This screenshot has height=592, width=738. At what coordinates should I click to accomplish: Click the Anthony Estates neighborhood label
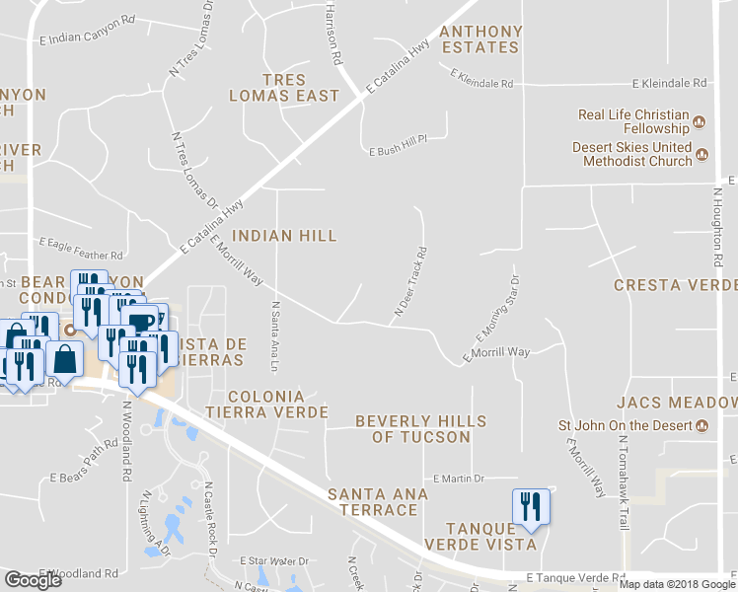pos(480,38)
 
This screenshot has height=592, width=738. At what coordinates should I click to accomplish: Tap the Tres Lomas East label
pos(284,88)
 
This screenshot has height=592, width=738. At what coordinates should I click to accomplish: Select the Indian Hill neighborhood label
pos(284,236)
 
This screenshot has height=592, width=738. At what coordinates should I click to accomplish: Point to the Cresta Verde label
pos(675,285)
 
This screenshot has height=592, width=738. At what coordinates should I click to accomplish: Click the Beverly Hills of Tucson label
pos(420,428)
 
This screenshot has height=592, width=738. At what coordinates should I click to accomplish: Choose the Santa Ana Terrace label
pos(378,501)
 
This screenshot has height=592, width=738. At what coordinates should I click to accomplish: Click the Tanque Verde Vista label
pos(479,536)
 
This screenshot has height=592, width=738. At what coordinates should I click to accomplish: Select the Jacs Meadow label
pos(676,403)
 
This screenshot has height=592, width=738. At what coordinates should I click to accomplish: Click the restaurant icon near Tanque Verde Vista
pos(531,507)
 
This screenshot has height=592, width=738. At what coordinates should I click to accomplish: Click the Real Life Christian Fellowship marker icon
pos(700,122)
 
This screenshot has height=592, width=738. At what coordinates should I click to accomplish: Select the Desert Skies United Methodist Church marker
pos(702,154)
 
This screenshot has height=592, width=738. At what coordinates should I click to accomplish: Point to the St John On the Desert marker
pos(701,426)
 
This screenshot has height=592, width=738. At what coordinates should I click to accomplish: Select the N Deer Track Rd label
pos(410,281)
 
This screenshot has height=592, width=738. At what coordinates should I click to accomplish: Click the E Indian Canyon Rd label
pos(87,29)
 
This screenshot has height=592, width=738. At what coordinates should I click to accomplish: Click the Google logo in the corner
pos(33,580)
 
